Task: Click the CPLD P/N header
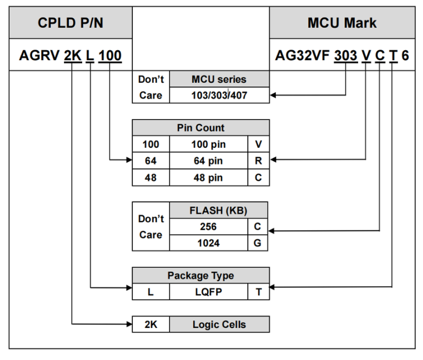coord(70,23)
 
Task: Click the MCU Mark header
coord(342,23)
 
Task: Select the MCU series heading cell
coord(219,79)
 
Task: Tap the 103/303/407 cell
coord(219,95)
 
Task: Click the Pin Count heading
coord(200,128)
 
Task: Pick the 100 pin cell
coord(209,144)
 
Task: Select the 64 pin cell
coord(209,162)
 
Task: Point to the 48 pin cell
coord(209,178)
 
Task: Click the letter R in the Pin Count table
coord(258,162)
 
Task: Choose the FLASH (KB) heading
coord(219,210)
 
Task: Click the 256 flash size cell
coord(208,227)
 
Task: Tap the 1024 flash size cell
coord(208,243)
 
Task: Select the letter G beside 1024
coord(258,243)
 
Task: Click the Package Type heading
coord(200,276)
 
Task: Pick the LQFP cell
coord(209,292)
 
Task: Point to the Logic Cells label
coord(219,325)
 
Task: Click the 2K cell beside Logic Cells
coord(150,325)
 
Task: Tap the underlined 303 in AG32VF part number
coord(345,55)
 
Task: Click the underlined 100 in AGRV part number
coord(110,55)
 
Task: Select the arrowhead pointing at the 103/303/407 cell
coord(273,95)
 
